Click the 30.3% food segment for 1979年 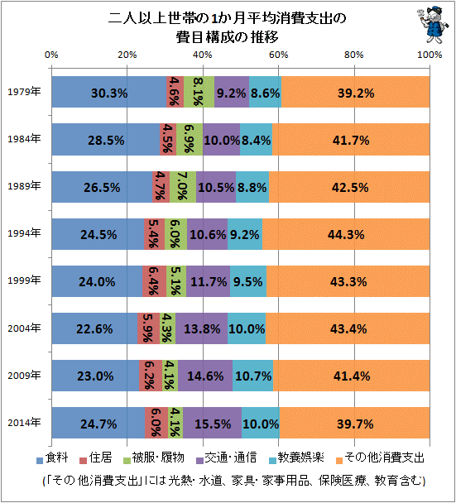tap(109, 92)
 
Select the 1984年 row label tap(24, 139)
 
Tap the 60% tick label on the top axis tap(279, 55)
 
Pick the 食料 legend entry tap(52, 457)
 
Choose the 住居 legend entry tap(96, 457)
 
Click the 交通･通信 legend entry tap(227, 457)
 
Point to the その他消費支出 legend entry tap(380, 457)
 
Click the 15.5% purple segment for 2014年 tap(212, 423)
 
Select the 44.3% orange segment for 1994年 tap(346, 234)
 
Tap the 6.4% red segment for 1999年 tap(155, 281)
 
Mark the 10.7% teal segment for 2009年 tap(253, 376)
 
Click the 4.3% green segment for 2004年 tap(167, 328)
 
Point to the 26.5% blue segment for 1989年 tap(102, 187)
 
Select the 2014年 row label tap(24, 423)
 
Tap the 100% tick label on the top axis tap(430, 55)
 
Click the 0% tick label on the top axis tap(51, 55)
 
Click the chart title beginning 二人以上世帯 tap(228, 27)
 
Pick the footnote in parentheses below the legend tap(234, 481)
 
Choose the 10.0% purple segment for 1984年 tap(222, 140)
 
